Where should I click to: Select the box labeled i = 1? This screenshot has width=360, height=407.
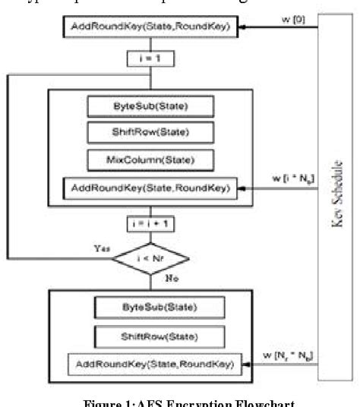click(143, 57)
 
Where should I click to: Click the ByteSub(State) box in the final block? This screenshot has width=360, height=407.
click(159, 308)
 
